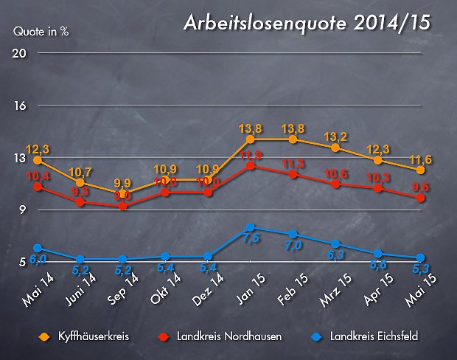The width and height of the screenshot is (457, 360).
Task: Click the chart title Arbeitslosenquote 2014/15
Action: point(307,24)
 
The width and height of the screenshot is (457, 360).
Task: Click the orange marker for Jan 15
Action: point(251,139)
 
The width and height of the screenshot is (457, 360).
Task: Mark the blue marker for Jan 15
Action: point(251,227)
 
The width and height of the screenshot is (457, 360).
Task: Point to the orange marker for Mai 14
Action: point(38,159)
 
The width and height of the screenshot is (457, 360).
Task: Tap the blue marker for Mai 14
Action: point(38,249)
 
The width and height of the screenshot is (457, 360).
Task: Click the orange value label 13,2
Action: point(336,136)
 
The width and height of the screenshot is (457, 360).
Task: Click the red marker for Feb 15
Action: point(293,175)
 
